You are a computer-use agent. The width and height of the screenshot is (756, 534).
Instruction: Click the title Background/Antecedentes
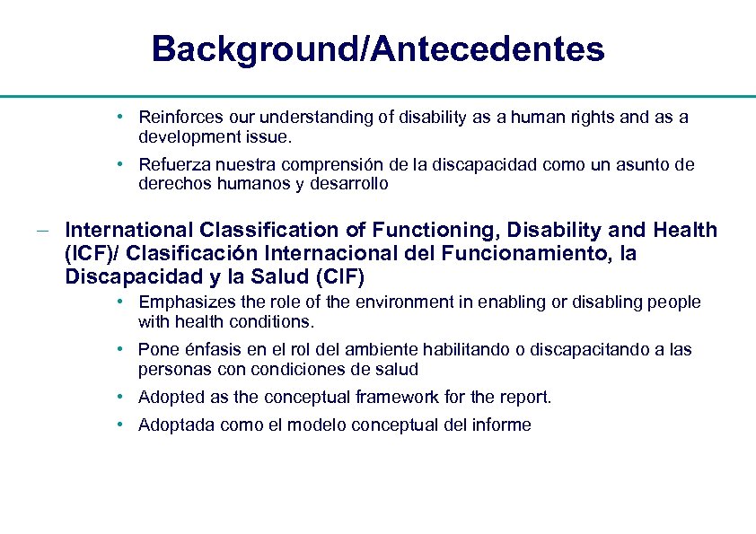pos(378,48)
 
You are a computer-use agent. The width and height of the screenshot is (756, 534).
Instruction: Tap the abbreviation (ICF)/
pos(92,254)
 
